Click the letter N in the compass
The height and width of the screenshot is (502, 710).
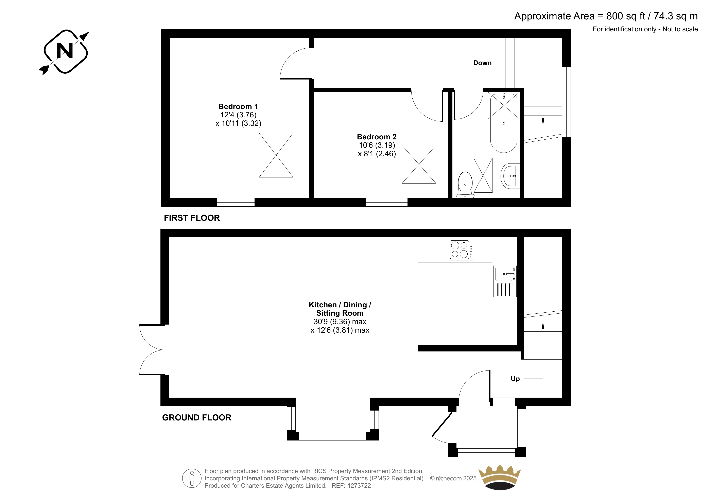tap(65, 50)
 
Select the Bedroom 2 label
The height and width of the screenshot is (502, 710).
tap(377, 137)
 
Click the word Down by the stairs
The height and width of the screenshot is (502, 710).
tap(482, 63)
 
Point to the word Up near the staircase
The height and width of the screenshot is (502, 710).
tap(515, 379)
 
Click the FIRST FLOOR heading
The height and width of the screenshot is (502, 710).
tap(192, 218)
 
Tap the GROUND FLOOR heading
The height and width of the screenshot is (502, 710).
tap(197, 418)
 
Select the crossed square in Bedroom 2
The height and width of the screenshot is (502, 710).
tap(419, 164)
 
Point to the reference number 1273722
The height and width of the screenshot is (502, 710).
tap(359, 486)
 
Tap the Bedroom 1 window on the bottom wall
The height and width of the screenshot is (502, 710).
tap(236, 202)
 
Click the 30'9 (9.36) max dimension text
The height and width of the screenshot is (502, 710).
tap(340, 322)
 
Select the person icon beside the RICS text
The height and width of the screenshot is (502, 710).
tap(192, 478)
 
